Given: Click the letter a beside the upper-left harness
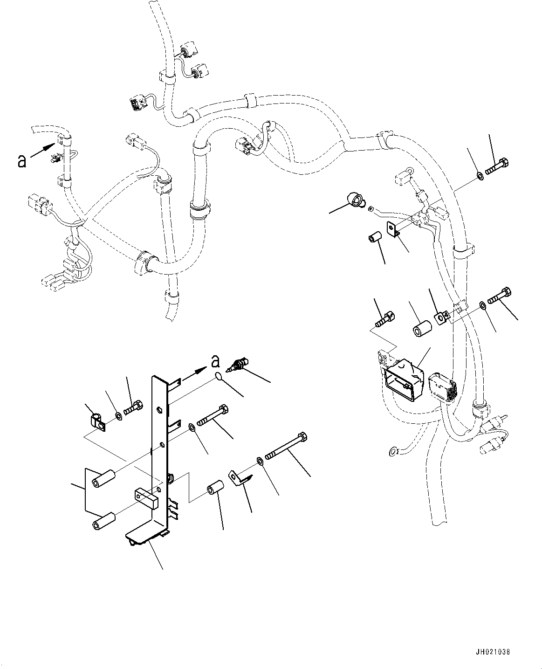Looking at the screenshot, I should [x=21, y=161].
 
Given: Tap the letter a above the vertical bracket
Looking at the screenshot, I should [x=215, y=361].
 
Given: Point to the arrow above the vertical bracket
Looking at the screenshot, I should [x=193, y=372].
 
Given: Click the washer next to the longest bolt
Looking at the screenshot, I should [x=260, y=461].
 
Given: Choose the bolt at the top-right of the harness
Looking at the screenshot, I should [x=497, y=167].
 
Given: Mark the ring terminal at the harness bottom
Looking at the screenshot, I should [x=393, y=451].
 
